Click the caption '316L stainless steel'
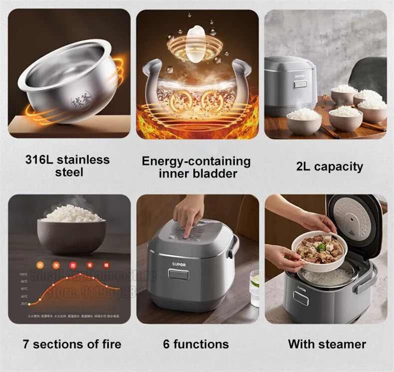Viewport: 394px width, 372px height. pyautogui.click(x=67, y=166)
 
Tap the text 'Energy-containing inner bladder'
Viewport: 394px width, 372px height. pyautogui.click(x=196, y=167)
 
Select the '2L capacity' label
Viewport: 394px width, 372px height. pyautogui.click(x=329, y=166)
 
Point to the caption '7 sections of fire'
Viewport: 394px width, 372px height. pyautogui.click(x=72, y=344)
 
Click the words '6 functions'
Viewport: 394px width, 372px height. pyautogui.click(x=196, y=344)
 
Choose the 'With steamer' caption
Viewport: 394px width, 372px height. pyautogui.click(x=327, y=344)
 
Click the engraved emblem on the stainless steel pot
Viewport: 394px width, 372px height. pyautogui.click(x=81, y=100)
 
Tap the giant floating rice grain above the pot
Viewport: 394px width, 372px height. pyautogui.click(x=196, y=43)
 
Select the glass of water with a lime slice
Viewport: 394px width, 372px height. pyautogui.click(x=255, y=288)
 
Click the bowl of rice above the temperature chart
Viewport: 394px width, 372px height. pyautogui.click(x=71, y=232)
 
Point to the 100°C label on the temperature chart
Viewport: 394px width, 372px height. pyautogui.click(x=23, y=275)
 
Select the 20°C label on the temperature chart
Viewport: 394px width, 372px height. pyautogui.click(x=23, y=303)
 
